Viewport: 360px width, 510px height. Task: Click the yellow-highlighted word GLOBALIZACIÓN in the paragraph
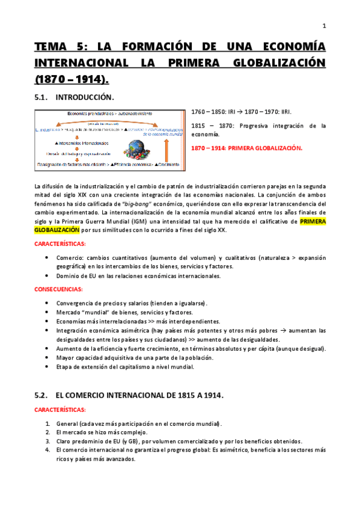(x=56, y=229)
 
